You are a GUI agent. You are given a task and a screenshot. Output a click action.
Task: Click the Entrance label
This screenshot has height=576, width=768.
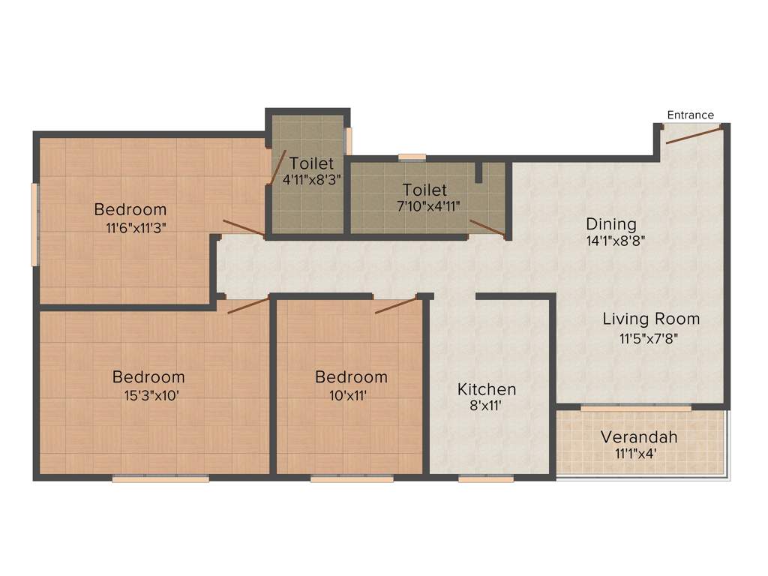point(690,115)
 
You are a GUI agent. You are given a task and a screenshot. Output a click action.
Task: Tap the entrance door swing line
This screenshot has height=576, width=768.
point(694,135)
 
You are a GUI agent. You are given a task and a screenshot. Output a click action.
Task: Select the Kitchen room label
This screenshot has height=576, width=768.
point(487,389)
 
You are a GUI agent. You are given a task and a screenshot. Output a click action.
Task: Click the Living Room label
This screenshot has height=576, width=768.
point(651,319)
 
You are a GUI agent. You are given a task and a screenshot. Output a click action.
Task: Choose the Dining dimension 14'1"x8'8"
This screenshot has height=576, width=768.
point(616,241)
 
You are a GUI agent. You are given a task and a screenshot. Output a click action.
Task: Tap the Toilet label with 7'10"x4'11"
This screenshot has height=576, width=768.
point(424,190)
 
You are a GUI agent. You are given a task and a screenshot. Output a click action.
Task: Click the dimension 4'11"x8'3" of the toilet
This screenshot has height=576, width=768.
point(311,180)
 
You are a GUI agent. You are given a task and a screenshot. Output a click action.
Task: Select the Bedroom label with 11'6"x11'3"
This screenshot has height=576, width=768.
point(130,209)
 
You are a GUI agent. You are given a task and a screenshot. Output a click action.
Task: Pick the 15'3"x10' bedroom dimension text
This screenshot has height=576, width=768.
point(148,395)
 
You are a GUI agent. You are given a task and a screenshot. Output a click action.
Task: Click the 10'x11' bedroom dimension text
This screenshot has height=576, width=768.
point(351,395)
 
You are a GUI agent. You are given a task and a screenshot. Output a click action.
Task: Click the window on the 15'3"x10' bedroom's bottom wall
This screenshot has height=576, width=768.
point(160,478)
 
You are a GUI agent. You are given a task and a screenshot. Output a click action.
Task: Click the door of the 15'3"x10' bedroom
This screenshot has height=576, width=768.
point(248,305)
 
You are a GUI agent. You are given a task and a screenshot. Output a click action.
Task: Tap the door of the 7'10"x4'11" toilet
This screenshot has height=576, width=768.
point(486,229)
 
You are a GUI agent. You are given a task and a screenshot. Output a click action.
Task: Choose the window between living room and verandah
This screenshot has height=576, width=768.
point(636,407)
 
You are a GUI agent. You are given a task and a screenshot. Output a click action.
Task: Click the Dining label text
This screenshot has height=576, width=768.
point(610,223)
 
